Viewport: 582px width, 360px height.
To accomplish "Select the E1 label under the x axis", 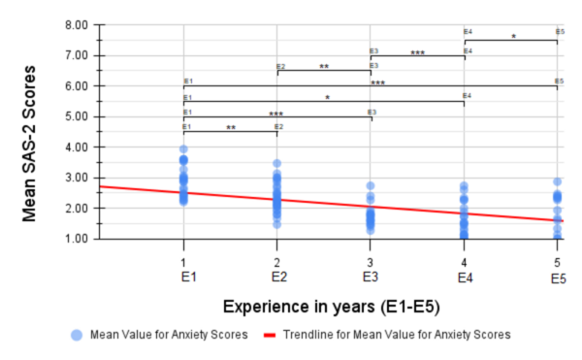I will (183, 278).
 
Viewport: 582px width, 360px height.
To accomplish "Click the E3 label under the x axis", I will (371, 278).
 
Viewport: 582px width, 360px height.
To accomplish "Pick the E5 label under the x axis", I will (558, 278).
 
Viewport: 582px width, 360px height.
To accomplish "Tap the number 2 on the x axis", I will (277, 263).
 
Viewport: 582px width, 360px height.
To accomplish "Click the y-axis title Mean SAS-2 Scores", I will (31, 131).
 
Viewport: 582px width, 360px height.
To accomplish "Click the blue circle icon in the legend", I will (77, 335).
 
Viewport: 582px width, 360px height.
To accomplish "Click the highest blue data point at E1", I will (183, 149).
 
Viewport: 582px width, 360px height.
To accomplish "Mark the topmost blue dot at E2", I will (276, 164).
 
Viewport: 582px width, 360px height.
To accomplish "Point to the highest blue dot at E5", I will (558, 181).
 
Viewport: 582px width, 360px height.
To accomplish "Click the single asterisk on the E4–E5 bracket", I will (513, 38).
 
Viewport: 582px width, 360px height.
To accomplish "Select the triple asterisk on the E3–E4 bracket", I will (418, 53).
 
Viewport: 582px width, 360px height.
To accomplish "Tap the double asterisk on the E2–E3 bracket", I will (324, 68).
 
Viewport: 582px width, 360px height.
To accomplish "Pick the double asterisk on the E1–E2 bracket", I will (231, 129).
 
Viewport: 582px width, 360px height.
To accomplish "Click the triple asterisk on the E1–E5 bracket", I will (377, 84).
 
